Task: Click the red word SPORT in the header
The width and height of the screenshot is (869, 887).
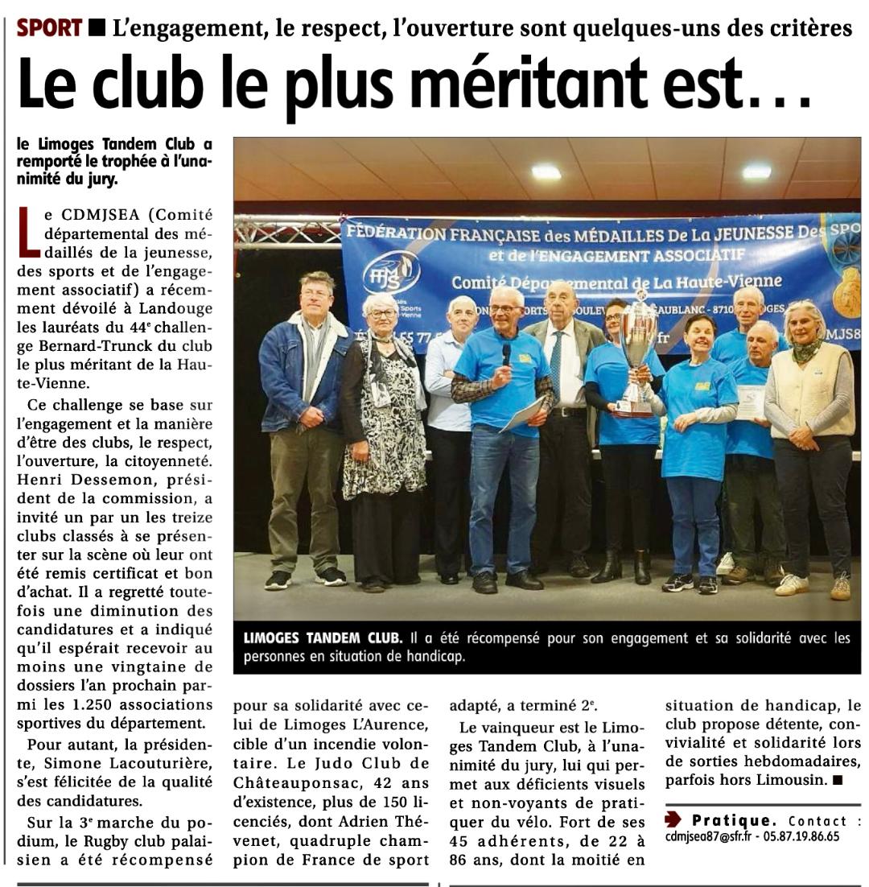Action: (x=50, y=28)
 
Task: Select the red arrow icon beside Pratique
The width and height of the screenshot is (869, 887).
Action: (x=673, y=820)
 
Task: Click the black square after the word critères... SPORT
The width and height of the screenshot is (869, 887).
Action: (x=97, y=29)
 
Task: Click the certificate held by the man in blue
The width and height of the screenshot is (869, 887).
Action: (x=752, y=400)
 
